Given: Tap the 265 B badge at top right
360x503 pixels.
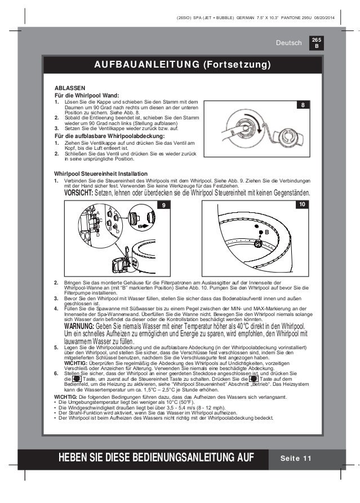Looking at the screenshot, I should coord(316,43).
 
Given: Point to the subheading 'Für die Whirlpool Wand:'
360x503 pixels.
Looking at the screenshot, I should coord(86,96).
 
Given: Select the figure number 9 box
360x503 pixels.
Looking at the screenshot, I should coord(163,205).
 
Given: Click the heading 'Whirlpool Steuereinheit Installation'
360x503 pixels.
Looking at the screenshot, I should coord(101,173).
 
